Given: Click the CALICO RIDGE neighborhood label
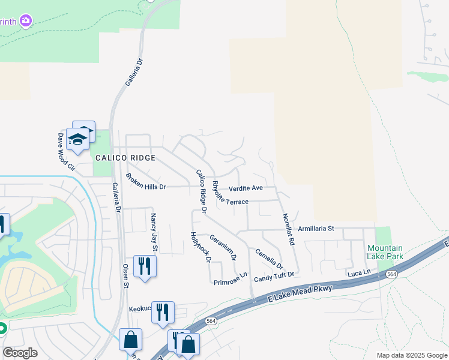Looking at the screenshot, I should pyautogui.click(x=125, y=158).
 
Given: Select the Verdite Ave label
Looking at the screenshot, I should pyautogui.click(x=246, y=188).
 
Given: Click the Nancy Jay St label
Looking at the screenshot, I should pyautogui.click(x=154, y=232).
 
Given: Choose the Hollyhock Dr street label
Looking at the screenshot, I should pyautogui.click(x=200, y=247).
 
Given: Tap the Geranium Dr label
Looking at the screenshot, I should pyautogui.click(x=223, y=245).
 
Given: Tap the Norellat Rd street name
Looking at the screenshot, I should pyautogui.click(x=287, y=226).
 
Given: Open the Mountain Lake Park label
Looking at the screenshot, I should pyautogui.click(x=385, y=252).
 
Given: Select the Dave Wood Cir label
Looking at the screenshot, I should pyautogui.click(x=65, y=151).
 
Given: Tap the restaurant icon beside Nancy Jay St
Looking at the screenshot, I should pyautogui.click(x=145, y=265).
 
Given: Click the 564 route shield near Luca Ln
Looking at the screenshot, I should pyautogui.click(x=391, y=274).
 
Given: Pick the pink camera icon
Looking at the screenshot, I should pyautogui.click(x=25, y=21).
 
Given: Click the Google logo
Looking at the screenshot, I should pyautogui.click(x=20, y=353).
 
